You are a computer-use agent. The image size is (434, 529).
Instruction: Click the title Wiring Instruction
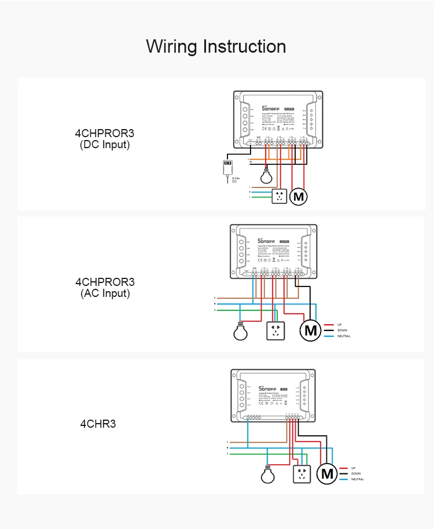pos(216,46)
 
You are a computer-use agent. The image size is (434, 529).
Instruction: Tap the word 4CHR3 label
pos(98,424)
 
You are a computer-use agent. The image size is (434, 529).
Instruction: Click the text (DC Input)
pos(105,145)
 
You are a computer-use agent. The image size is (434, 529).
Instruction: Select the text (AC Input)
pos(105,293)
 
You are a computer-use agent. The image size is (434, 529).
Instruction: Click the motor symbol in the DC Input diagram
pos(299,197)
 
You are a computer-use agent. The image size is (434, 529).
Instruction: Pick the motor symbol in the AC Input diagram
pos(311,330)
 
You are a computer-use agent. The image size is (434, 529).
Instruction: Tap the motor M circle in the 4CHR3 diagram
pos(328,474)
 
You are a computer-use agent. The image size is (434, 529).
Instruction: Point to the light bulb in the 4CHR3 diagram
pos(267,475)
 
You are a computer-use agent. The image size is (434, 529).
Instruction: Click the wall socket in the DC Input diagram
pos(279,197)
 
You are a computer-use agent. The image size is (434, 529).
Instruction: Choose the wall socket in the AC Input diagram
pos(276,330)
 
